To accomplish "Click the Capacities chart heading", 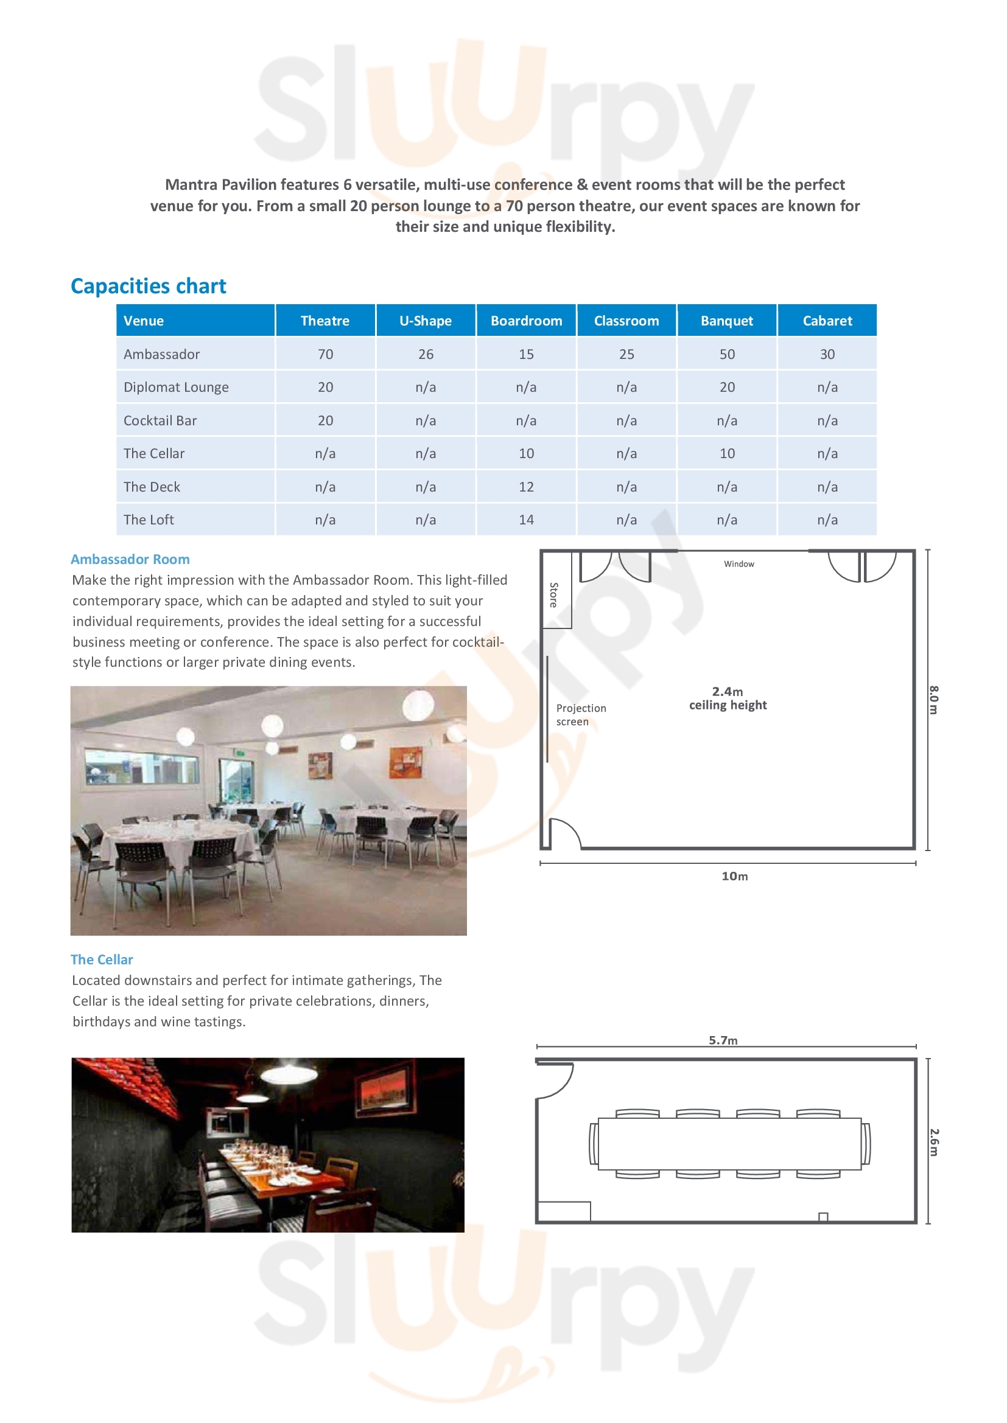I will (x=148, y=286).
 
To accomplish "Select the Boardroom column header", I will (x=526, y=321).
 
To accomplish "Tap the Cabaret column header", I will (x=827, y=321).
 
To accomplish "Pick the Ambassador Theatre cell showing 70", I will (x=325, y=354).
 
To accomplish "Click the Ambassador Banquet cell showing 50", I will (x=727, y=354).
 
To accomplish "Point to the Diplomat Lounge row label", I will (x=176, y=388).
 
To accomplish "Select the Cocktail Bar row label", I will (x=160, y=420).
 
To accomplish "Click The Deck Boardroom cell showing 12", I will (x=526, y=487).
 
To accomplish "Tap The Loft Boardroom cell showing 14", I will (x=526, y=520).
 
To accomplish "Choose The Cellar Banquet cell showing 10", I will (x=727, y=453).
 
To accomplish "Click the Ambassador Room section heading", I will (x=130, y=559).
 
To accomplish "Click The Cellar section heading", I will (x=102, y=959).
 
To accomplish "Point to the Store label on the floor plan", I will (x=553, y=594).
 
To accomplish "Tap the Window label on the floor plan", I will (x=739, y=564).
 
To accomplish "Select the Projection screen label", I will (x=580, y=715).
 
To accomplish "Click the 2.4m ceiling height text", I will (x=728, y=698).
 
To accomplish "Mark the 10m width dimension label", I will (x=734, y=876).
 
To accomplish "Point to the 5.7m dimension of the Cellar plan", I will (x=723, y=1040).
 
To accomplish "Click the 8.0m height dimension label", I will (x=933, y=700).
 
